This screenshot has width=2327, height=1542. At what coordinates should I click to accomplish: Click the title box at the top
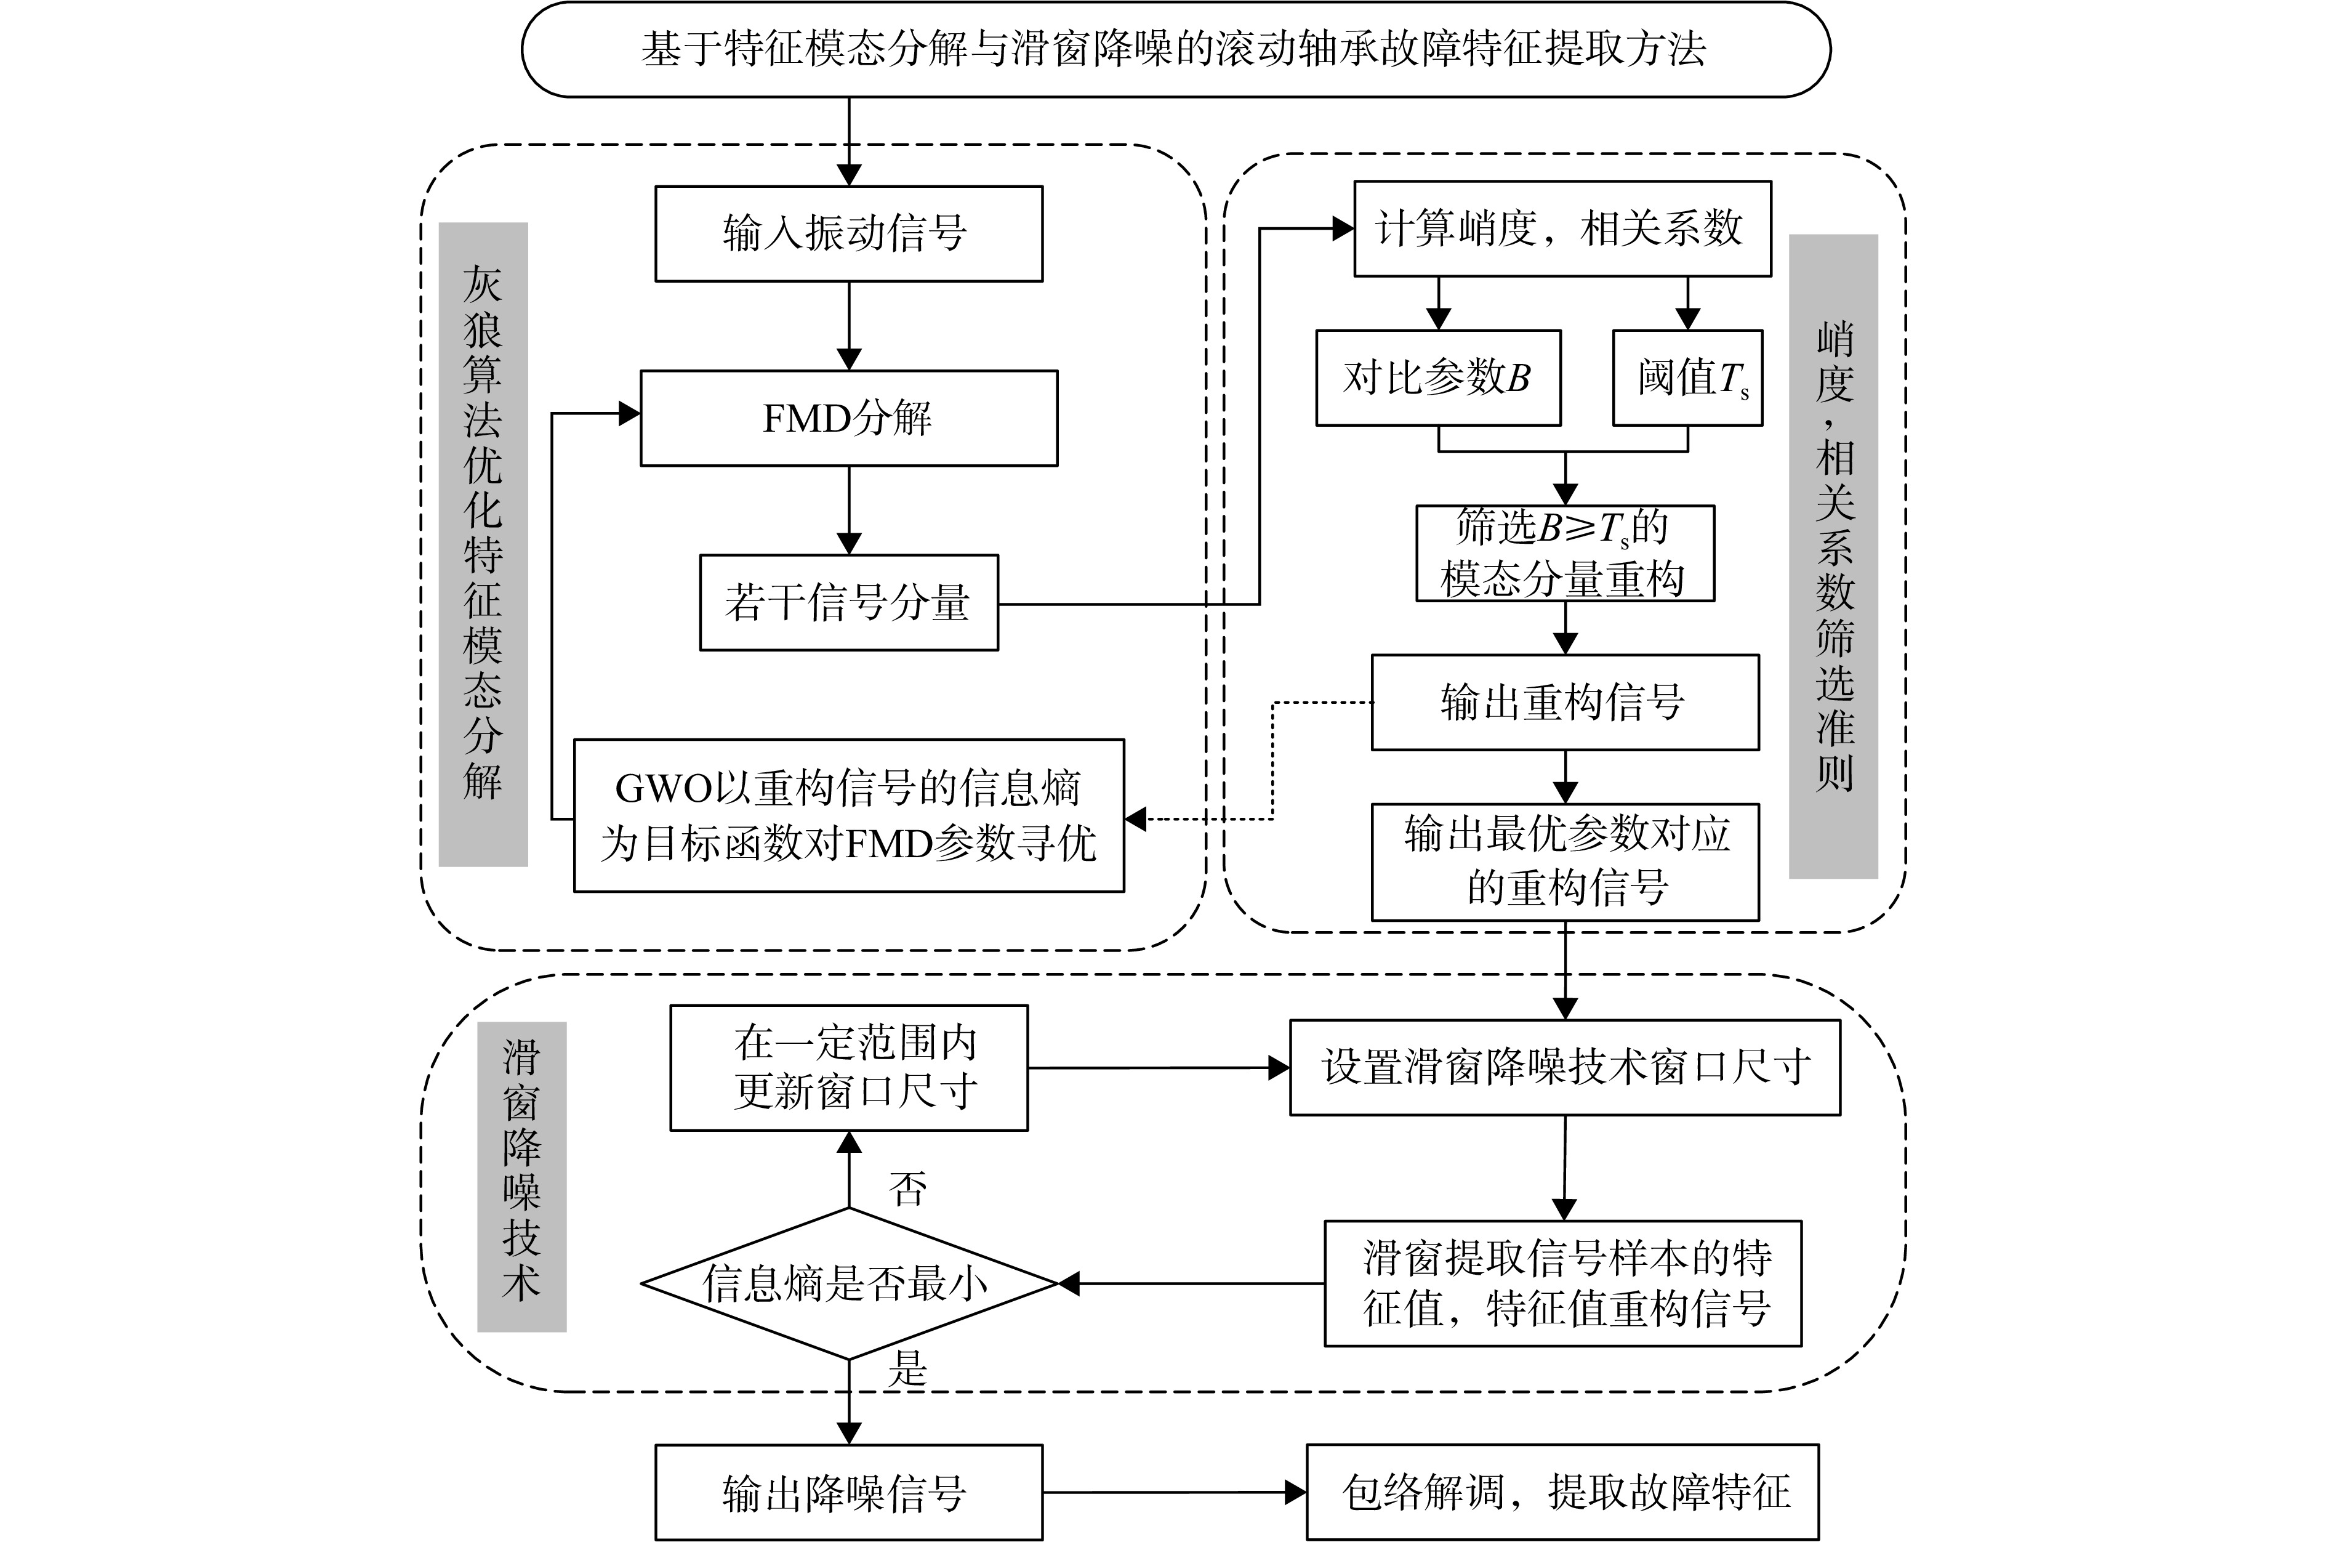pos(1175,49)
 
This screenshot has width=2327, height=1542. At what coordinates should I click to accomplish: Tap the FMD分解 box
pos(848,418)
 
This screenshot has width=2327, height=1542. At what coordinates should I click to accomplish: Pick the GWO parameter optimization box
pos(848,815)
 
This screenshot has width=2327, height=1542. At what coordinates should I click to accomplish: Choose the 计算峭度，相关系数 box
pos(1562,228)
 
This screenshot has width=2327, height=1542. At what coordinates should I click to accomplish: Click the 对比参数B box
pos(1438,377)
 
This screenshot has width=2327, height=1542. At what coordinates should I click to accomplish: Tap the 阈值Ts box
pos(1688,377)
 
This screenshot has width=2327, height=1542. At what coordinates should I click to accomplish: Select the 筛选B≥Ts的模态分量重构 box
pos(1565,552)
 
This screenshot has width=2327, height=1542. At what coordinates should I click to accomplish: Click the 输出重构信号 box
pos(1565,702)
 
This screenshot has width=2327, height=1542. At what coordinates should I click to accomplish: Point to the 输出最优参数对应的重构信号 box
pos(1565,862)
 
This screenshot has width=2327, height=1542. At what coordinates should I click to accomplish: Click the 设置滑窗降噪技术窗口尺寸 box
pos(1565,1068)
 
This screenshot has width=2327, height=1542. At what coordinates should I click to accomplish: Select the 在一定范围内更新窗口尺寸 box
pos(848,1068)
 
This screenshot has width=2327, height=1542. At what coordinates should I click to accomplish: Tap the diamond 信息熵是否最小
pos(848,1283)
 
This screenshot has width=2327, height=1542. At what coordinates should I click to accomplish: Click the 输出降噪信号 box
pos(848,1492)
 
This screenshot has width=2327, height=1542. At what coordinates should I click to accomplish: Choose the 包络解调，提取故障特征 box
pos(1562,1492)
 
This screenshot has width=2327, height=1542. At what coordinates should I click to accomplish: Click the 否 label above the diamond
pos(907,1189)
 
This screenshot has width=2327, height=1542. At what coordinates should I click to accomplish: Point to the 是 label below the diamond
pos(907,1368)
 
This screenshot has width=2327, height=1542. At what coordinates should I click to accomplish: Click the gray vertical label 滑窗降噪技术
pos(522,1176)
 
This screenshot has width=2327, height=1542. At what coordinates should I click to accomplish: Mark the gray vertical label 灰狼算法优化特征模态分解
pos(483,544)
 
